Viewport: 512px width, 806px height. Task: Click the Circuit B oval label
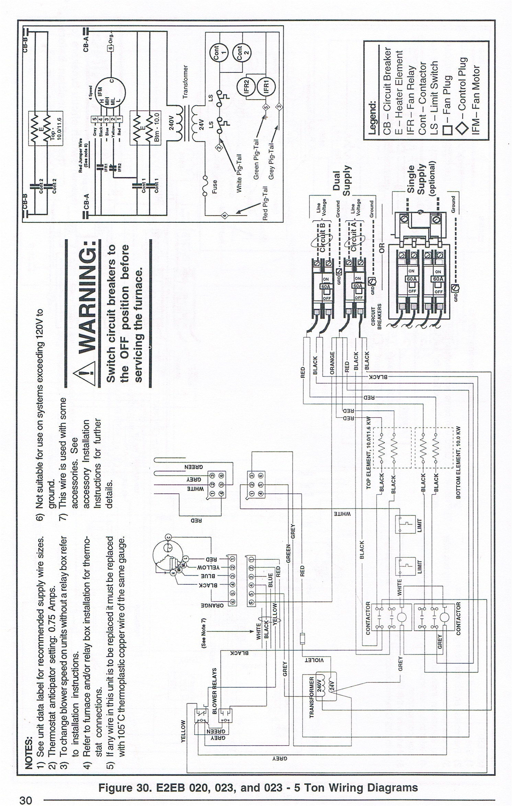pyautogui.click(x=322, y=237)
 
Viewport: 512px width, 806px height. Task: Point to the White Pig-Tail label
pyautogui.click(x=239, y=173)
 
